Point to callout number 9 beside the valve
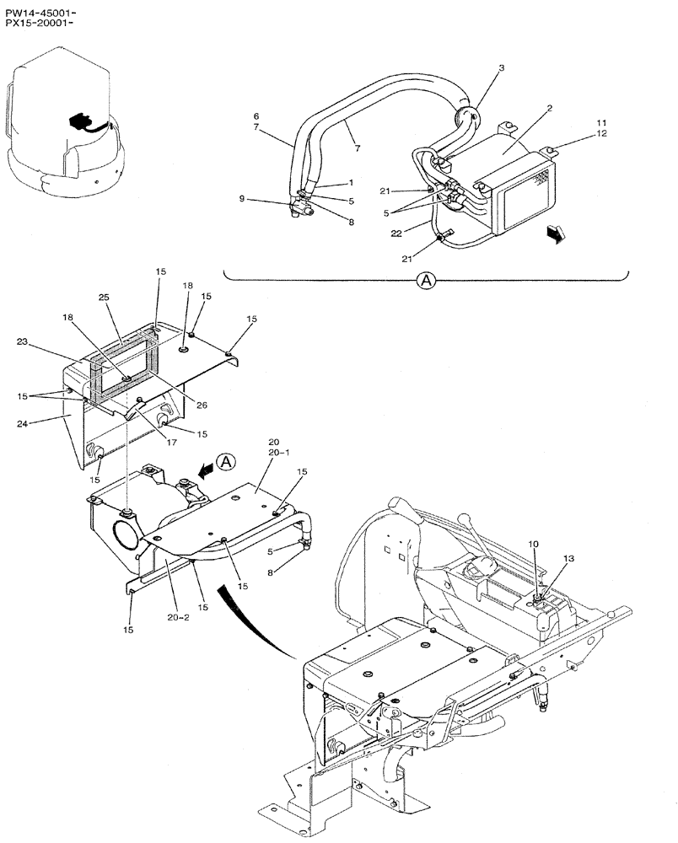coord(241,199)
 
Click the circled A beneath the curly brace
coord(427,282)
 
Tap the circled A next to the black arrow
coord(225,460)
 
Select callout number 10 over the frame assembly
coord(533,544)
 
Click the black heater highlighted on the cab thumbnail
coord(80,123)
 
